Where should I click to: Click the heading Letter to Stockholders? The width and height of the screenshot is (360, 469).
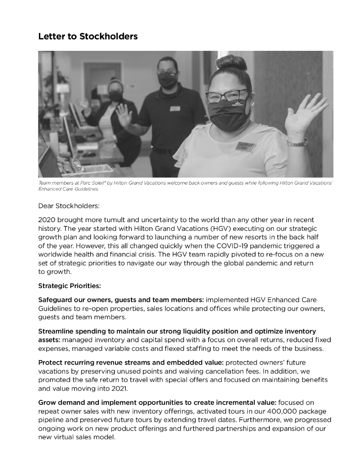88,36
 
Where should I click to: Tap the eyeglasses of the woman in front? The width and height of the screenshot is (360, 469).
227,96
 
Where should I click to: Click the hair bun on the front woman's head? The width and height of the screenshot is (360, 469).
231,63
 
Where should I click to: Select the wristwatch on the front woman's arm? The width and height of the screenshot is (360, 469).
297,142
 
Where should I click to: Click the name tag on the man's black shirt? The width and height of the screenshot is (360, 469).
175,109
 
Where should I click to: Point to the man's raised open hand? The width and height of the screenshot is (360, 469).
124,115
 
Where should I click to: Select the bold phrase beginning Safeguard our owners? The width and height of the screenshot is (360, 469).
121,300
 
